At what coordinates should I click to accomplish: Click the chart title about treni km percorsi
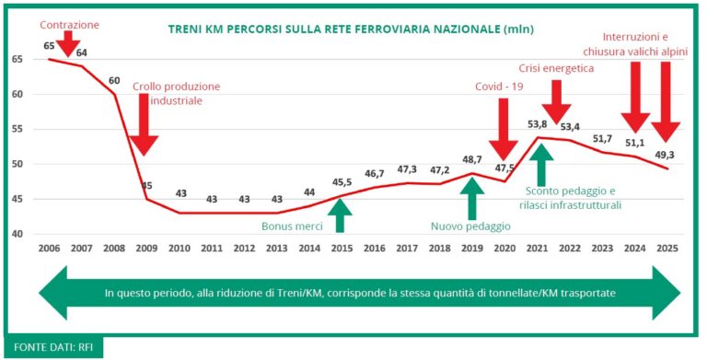(x=351, y=29)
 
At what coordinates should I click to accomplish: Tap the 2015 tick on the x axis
(x=341, y=249)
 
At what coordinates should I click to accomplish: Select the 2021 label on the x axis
(x=539, y=249)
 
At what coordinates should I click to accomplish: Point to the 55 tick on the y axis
(x=17, y=129)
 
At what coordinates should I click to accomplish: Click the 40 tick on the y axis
(x=17, y=234)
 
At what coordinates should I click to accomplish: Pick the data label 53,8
(x=538, y=123)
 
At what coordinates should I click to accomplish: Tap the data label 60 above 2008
(x=115, y=80)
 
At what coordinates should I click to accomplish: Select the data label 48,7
(x=472, y=159)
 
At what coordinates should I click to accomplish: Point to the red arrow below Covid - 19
(x=503, y=129)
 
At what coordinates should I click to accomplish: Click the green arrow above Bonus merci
(x=341, y=215)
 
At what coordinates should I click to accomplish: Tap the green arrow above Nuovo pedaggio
(x=472, y=196)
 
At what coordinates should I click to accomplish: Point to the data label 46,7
(x=375, y=173)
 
